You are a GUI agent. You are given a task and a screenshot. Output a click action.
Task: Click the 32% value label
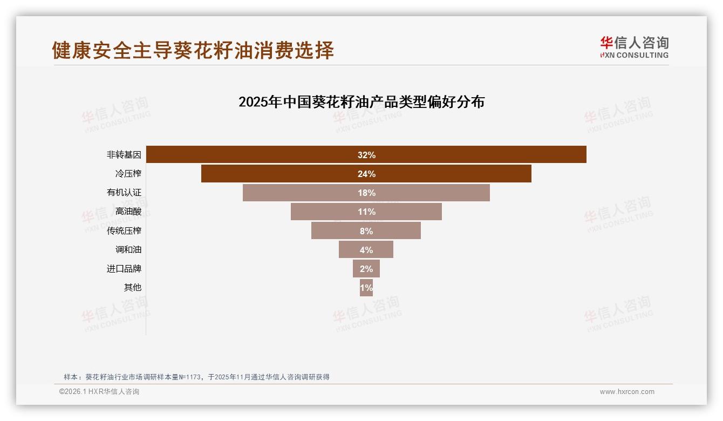tap(366, 155)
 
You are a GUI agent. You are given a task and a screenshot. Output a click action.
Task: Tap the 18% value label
tap(366, 193)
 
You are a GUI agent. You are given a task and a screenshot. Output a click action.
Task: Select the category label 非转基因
tap(124, 155)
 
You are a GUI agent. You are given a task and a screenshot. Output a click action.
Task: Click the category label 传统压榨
tap(124, 231)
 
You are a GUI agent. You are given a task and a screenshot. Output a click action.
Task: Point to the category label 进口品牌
tap(124, 269)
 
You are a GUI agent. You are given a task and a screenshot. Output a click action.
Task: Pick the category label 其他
tap(133, 288)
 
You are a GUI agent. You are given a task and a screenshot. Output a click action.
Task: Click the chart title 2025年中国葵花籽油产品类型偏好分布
tap(361, 102)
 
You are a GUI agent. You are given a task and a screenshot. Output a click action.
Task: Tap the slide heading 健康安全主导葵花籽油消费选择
tap(193, 50)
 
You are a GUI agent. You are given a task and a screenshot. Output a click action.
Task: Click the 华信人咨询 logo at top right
tap(634, 47)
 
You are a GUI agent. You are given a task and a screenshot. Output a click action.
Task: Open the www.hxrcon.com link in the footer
tap(627, 392)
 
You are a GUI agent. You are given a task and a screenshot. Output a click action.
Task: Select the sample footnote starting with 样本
tap(196, 377)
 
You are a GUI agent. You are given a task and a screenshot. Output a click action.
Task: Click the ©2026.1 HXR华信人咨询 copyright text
tap(99, 392)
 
